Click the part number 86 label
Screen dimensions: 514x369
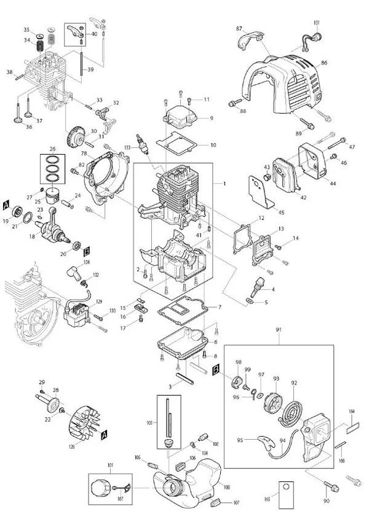(x=324, y=63)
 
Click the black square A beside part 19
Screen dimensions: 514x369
(x=7, y=203)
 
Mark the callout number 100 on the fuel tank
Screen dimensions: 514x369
(x=226, y=487)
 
